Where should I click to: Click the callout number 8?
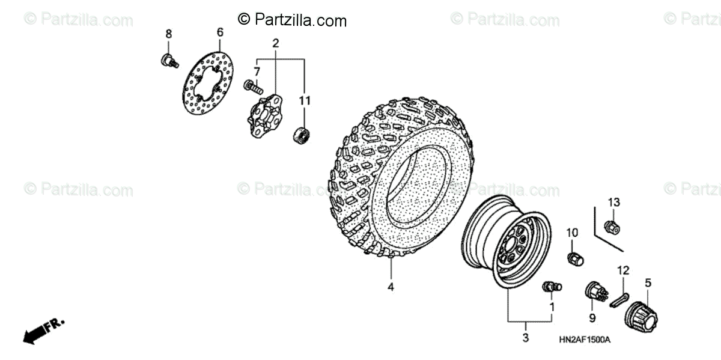[169, 34]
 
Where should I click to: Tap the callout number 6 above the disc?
[220, 32]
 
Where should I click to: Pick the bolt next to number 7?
[253, 88]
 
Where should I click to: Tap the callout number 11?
[305, 100]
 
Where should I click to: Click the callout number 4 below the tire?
[391, 287]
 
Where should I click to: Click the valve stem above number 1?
[550, 287]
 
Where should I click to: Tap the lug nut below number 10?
[575, 258]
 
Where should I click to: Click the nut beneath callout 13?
[612, 227]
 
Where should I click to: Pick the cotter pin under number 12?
[619, 300]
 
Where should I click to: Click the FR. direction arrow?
[43, 330]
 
